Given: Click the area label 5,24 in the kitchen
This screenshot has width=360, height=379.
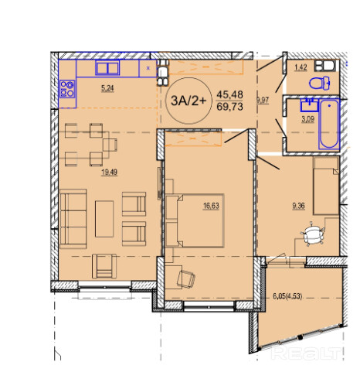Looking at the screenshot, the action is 107,88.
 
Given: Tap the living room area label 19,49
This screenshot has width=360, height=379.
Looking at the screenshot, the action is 109,172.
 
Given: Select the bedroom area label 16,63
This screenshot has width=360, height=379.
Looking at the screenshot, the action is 211,206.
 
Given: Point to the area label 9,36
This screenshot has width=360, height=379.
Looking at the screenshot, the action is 298,206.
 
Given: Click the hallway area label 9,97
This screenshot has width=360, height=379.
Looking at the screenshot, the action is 263,100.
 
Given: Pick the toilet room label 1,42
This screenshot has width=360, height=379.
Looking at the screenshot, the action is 301,67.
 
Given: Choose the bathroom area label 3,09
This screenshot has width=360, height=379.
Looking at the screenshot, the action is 307,119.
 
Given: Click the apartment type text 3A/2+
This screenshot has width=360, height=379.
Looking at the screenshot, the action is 188,101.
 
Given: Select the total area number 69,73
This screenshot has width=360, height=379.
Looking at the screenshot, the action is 229,106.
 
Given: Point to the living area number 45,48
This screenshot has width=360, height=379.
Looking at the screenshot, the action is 229,94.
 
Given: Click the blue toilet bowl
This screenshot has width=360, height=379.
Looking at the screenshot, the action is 319,83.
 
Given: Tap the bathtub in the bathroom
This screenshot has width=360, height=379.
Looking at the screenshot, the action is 329,124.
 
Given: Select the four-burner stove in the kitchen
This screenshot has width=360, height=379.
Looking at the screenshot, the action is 67,89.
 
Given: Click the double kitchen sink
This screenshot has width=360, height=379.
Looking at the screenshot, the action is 107,68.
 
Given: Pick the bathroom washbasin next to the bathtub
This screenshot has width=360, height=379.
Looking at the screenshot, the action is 309,104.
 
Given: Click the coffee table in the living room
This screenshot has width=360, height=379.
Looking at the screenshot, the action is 104,219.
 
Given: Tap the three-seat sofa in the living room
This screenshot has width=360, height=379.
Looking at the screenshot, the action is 73,219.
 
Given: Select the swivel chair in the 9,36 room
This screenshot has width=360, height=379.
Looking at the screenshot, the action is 312,234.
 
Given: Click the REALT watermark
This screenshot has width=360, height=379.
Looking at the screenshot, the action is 307,353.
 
